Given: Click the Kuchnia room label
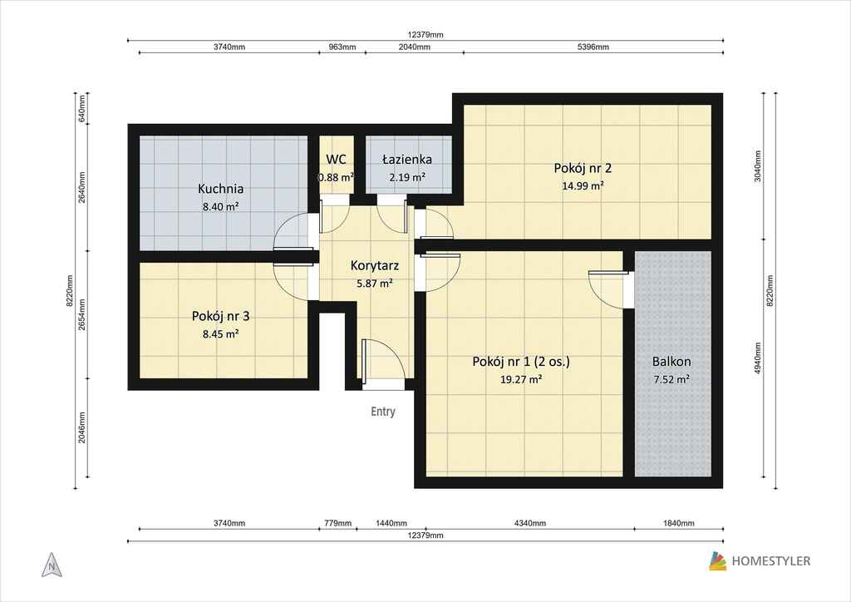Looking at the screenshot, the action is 220,189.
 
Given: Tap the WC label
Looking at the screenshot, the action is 336,159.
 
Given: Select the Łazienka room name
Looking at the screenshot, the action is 407,159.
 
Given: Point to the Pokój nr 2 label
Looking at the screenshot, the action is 583,168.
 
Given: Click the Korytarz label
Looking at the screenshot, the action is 375,266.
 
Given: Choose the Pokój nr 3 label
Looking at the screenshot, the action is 220,316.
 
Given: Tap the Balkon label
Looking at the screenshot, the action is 671,362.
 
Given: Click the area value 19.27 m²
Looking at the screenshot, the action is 520,379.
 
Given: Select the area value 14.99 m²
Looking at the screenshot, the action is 583,185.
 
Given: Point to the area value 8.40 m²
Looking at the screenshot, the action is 220,207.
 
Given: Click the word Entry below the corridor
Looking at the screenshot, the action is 383,412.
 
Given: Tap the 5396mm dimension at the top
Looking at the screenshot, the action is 593,47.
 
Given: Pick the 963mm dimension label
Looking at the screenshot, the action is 342,47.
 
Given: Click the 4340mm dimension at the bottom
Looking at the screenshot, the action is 529,523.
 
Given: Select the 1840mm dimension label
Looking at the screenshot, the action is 678,523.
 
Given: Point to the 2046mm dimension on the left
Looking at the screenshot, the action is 82,427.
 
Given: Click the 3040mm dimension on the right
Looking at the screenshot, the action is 758,166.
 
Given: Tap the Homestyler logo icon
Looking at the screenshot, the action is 717,561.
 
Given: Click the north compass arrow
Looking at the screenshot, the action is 52,565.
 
